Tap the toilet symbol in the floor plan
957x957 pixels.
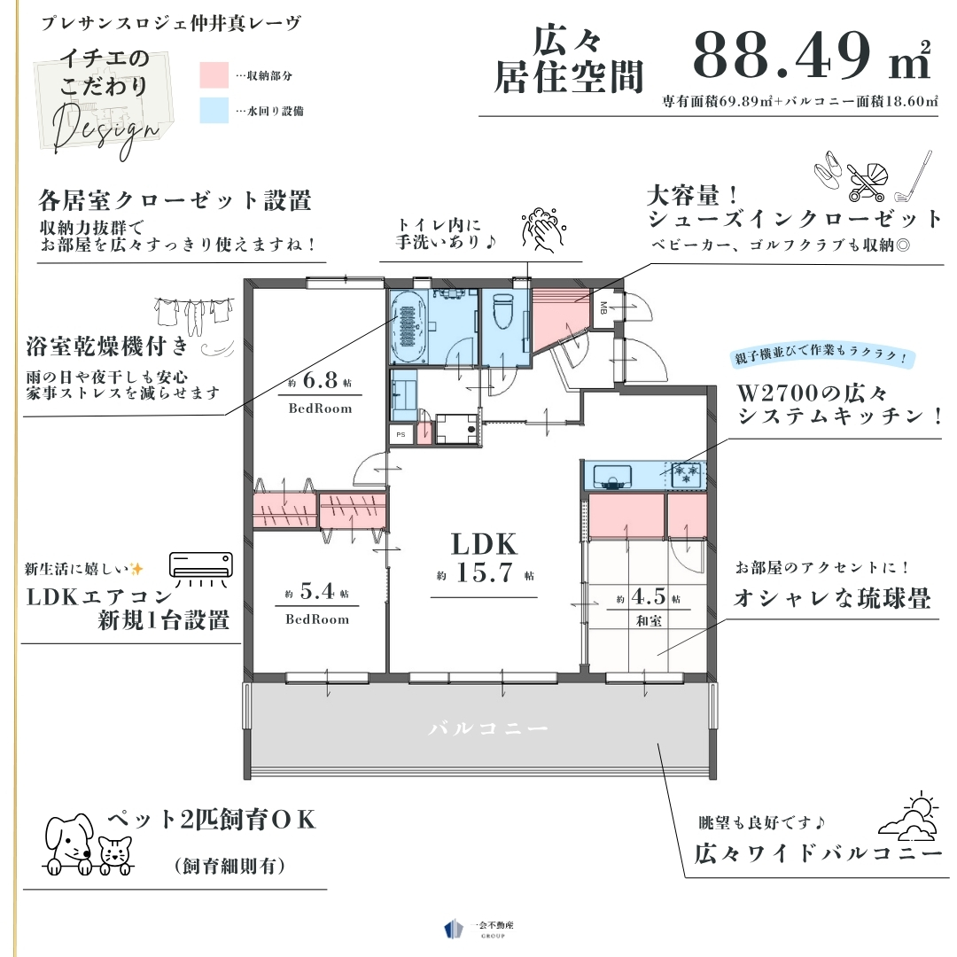(x=504, y=311)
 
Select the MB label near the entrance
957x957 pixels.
(x=603, y=308)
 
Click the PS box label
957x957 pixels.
(x=401, y=434)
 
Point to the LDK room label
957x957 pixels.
(x=484, y=544)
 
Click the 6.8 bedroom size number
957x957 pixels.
(x=321, y=381)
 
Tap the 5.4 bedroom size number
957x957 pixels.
(x=317, y=591)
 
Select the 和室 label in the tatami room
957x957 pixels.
(x=649, y=621)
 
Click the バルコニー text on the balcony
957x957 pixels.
(x=488, y=728)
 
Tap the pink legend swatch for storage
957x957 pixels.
(x=214, y=75)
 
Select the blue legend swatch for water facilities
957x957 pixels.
(x=214, y=111)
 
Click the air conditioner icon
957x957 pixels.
(x=201, y=569)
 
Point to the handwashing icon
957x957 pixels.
(x=543, y=230)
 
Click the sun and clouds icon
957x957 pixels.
(x=908, y=816)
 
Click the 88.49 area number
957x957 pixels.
(x=782, y=56)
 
